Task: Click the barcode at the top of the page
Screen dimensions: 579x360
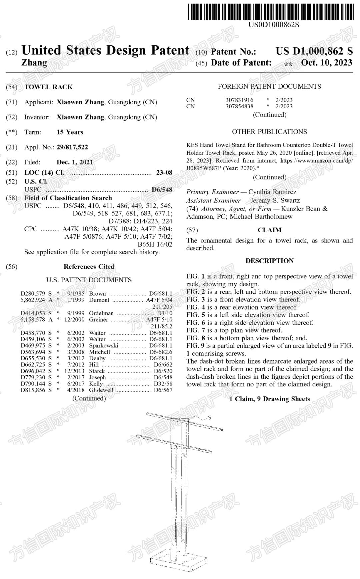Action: click(x=271, y=12)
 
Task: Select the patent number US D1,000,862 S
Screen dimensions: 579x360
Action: click(x=314, y=51)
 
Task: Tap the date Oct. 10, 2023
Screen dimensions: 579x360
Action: click(x=326, y=63)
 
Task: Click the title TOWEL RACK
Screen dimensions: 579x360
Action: click(x=49, y=87)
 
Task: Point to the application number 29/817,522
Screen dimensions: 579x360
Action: click(x=72, y=147)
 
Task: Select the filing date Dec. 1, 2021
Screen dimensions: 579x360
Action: click(x=75, y=162)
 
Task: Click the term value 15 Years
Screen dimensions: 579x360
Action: click(x=70, y=132)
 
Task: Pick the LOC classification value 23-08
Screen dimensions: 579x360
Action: click(x=164, y=172)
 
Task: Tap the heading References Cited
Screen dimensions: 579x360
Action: click(x=89, y=266)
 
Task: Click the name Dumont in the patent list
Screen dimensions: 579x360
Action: click(x=99, y=300)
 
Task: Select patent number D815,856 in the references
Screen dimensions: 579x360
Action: click(x=33, y=390)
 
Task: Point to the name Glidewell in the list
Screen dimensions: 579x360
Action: click(x=101, y=390)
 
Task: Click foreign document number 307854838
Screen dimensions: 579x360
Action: click(x=239, y=106)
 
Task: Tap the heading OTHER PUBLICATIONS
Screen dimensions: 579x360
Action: click(x=269, y=132)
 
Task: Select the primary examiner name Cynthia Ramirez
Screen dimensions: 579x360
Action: click(x=272, y=192)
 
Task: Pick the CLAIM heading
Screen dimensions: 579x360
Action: click(x=269, y=230)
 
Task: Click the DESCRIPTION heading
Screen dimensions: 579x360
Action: click(x=269, y=261)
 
